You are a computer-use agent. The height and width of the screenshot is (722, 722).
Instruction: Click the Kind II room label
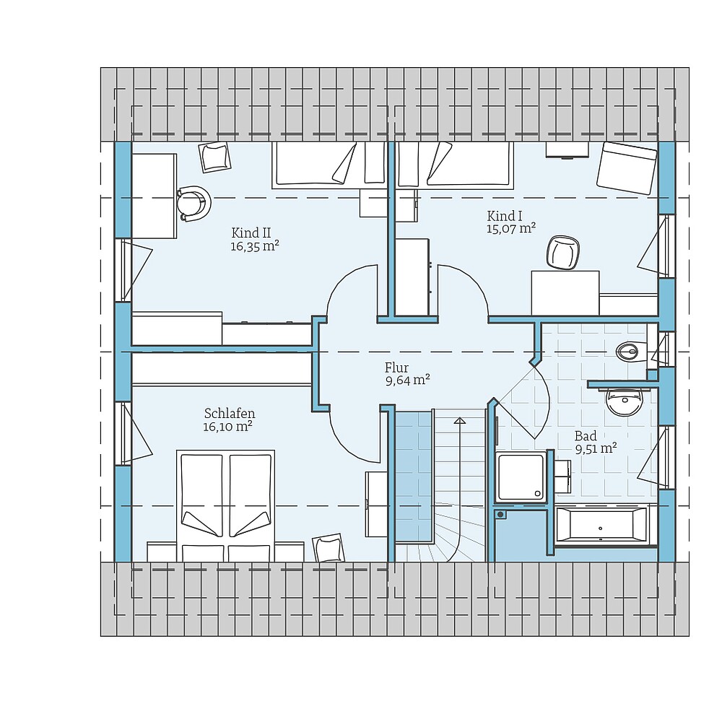pyautogui.click(x=251, y=232)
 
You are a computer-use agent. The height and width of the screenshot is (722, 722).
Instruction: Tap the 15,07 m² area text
pyautogui.click(x=511, y=228)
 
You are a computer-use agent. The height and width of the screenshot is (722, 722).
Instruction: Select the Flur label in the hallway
pyautogui.click(x=396, y=367)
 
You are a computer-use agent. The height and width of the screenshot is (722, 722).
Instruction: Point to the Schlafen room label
pyautogui.click(x=230, y=413)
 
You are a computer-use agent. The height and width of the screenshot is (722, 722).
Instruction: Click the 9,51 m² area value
pyautogui.click(x=596, y=448)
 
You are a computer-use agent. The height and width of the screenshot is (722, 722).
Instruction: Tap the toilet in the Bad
pyautogui.click(x=631, y=352)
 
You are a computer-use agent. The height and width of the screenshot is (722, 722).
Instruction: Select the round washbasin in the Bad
pyautogui.click(x=624, y=402)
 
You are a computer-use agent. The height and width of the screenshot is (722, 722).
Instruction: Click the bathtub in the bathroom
pyautogui.click(x=601, y=526)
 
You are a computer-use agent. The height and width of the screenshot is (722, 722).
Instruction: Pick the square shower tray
pyautogui.click(x=521, y=477)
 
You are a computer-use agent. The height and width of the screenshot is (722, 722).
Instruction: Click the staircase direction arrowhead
pyautogui.click(x=459, y=420)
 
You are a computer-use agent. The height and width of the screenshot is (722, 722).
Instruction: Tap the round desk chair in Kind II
pyautogui.click(x=193, y=203)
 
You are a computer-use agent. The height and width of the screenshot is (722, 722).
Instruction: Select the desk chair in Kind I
pyautogui.click(x=562, y=252)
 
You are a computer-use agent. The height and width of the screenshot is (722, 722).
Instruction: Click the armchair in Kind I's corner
pyautogui.click(x=627, y=168)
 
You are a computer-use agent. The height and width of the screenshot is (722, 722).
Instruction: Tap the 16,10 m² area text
pyautogui.click(x=227, y=427)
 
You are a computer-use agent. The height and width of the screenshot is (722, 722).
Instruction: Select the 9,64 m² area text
pyautogui.click(x=407, y=380)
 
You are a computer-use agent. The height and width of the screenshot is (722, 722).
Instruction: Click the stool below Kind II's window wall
pyautogui.click(x=214, y=157)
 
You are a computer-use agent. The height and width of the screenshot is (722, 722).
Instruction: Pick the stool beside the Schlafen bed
pyautogui.click(x=329, y=548)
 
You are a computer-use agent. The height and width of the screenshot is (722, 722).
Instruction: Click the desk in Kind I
pyautogui.click(x=565, y=293)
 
